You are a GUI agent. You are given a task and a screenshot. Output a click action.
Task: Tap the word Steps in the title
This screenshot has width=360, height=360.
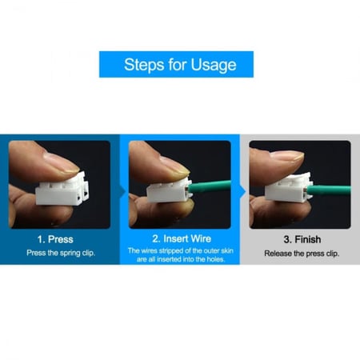[x=144, y=65]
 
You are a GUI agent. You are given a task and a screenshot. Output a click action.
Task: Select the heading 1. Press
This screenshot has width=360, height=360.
[x=55, y=239]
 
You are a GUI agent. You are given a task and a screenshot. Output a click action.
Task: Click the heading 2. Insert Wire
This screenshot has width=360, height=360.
[x=182, y=238]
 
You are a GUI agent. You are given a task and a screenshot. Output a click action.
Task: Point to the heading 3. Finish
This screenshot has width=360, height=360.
[x=302, y=239]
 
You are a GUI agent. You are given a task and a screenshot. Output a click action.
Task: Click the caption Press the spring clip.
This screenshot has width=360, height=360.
[x=61, y=253]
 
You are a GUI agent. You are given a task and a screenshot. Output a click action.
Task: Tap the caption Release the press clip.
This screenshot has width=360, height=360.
[x=302, y=254]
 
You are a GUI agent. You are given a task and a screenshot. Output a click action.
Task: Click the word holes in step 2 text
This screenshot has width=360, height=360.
[x=215, y=259]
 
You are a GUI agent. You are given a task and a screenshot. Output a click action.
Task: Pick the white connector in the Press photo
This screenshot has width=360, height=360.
[x=62, y=189]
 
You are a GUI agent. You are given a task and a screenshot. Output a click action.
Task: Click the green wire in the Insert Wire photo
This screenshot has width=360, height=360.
[x=210, y=186]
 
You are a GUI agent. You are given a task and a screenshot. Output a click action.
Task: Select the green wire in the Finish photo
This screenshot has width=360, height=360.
[x=329, y=190]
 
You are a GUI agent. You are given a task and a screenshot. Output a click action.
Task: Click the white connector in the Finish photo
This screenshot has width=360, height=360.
[x=290, y=188]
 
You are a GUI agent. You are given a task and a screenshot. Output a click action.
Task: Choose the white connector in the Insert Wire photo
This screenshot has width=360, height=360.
[x=170, y=190]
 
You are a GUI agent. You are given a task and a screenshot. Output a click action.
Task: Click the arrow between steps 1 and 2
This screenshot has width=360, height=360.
[x=123, y=191]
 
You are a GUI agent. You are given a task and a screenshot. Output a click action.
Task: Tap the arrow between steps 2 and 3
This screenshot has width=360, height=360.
[x=243, y=191]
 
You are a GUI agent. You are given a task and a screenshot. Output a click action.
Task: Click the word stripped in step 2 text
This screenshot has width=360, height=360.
[x=169, y=250]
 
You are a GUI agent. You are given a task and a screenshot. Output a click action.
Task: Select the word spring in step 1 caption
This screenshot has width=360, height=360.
[x=70, y=253]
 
